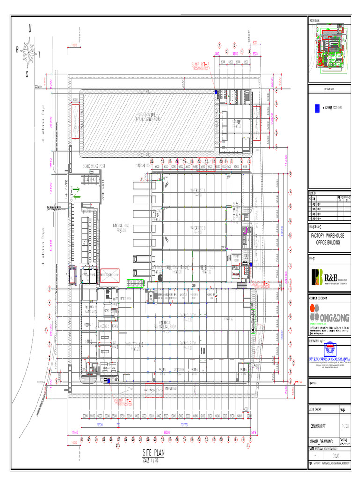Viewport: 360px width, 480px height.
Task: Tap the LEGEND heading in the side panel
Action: pos(329,89)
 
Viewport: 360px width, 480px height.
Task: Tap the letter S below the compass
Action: pos(27,75)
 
